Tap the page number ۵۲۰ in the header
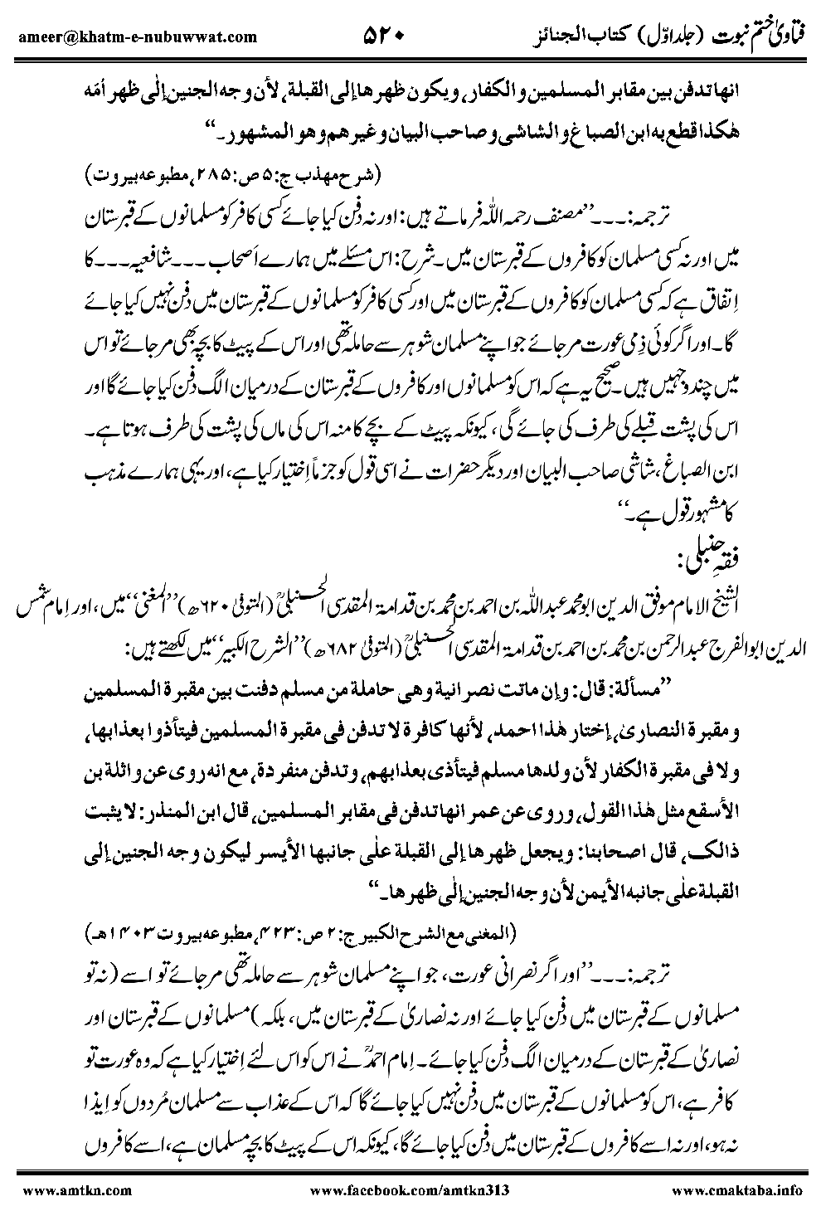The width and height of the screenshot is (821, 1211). pyautogui.click(x=383, y=34)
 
